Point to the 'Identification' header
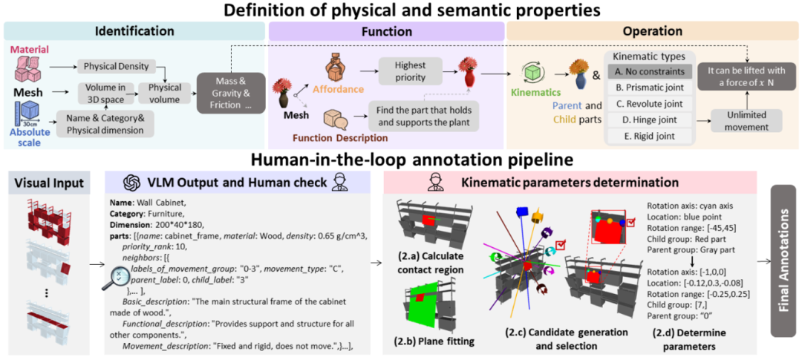134,31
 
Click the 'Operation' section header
653,31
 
